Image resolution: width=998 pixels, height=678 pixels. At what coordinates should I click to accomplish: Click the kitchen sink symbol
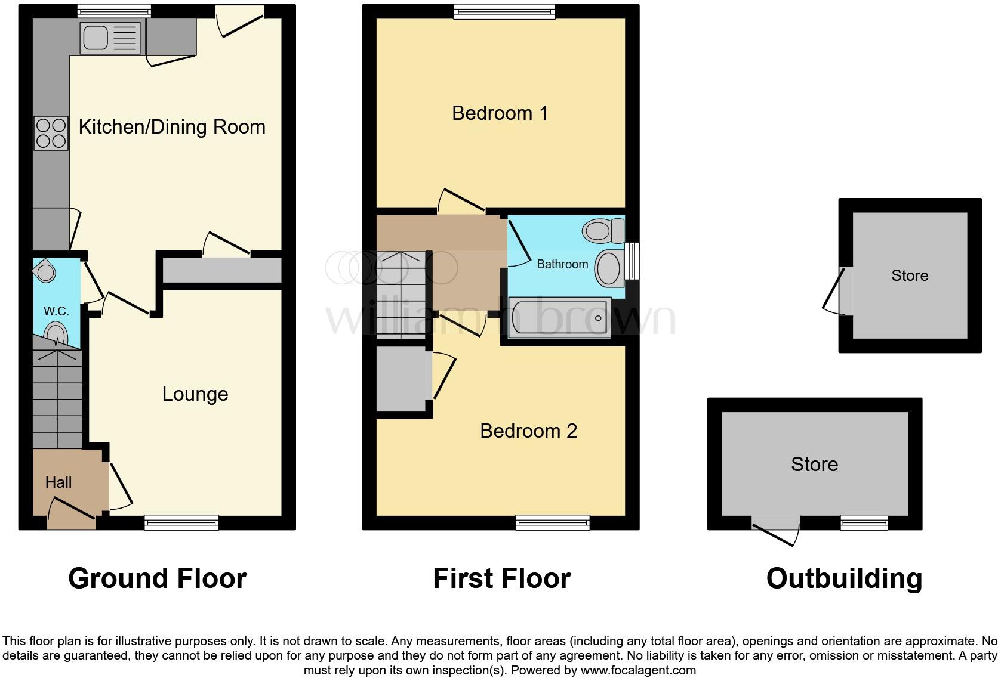pyautogui.click(x=110, y=38)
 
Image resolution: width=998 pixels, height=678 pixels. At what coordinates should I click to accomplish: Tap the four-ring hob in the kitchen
pyautogui.click(x=51, y=133)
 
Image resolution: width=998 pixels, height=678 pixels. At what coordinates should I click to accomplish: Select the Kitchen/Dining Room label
pyautogui.click(x=172, y=127)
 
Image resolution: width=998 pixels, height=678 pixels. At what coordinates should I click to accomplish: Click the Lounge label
pyautogui.click(x=195, y=394)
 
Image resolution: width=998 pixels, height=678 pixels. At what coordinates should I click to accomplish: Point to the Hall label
pyautogui.click(x=58, y=482)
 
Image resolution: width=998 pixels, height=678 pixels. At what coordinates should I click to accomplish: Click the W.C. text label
pyautogui.click(x=56, y=311)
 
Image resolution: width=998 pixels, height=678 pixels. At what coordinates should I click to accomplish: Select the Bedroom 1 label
pyautogui.click(x=500, y=113)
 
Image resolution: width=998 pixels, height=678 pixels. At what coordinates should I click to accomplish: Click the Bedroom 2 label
pyautogui.click(x=528, y=431)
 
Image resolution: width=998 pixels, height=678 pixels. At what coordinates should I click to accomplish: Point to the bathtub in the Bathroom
pyautogui.click(x=559, y=317)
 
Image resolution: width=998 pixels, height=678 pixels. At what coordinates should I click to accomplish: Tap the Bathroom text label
pyautogui.click(x=562, y=264)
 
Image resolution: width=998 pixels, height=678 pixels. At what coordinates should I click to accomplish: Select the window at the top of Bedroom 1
pyautogui.click(x=504, y=11)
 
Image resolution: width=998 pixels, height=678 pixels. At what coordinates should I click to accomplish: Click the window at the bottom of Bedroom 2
pyautogui.click(x=553, y=523)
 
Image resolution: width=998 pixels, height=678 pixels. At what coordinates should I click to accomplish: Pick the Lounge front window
pyautogui.click(x=181, y=523)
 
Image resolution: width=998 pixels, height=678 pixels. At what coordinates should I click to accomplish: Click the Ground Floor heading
pyautogui.click(x=157, y=578)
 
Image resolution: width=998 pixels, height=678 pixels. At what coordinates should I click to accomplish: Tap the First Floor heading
pyautogui.click(x=501, y=578)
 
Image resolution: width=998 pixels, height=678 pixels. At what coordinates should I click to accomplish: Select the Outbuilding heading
pyautogui.click(x=844, y=578)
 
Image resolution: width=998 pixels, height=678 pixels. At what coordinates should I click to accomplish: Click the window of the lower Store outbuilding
pyautogui.click(x=864, y=522)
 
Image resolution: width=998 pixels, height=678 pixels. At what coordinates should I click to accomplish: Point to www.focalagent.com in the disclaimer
pyautogui.click(x=637, y=670)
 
